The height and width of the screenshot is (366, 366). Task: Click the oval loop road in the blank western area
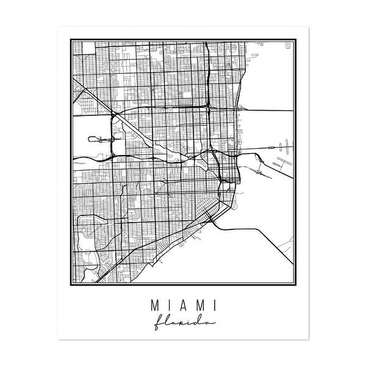coord(96,139)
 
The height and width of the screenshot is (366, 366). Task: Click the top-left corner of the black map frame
coord(69,38)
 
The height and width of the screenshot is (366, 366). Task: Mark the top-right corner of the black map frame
coord(297,38)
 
